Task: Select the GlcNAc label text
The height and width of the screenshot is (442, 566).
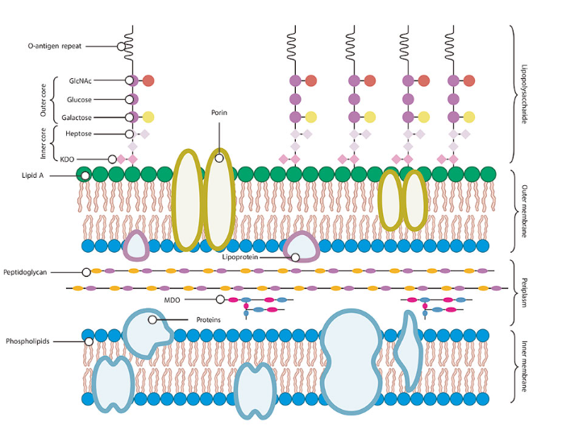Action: click(80, 81)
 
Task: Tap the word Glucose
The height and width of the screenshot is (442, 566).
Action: click(79, 99)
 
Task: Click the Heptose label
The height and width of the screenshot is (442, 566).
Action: click(78, 134)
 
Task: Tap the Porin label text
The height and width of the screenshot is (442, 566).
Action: click(218, 114)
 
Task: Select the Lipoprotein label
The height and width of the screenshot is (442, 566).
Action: click(241, 258)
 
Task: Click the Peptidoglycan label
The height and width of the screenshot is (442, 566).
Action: click(29, 272)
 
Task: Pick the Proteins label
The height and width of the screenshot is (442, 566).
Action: click(209, 320)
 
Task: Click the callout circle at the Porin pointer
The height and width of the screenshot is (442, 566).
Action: click(218, 158)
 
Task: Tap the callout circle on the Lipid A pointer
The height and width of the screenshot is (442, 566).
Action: click(84, 175)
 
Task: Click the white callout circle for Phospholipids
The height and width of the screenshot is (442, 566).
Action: click(87, 341)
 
